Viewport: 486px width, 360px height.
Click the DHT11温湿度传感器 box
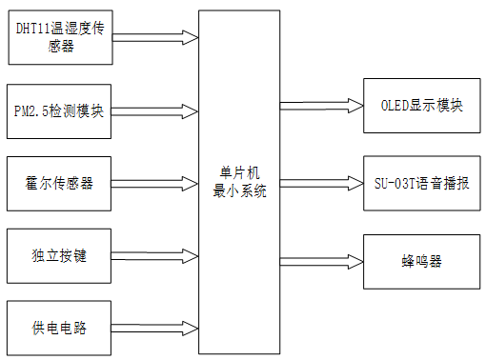(x=59, y=36)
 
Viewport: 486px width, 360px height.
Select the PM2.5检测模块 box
(x=59, y=111)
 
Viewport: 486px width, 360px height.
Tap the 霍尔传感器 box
(x=59, y=183)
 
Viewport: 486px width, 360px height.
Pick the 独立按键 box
(x=59, y=255)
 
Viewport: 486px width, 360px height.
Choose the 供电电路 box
(x=59, y=328)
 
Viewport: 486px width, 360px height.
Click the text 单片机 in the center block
(x=239, y=173)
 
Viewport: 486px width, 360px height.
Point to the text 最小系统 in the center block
(x=239, y=190)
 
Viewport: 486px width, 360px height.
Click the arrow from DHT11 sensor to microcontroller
(x=154, y=37)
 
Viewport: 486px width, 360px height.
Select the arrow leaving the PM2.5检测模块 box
(x=154, y=111)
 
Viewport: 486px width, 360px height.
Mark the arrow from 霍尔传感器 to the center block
(x=154, y=184)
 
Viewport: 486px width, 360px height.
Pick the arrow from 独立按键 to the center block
(x=154, y=256)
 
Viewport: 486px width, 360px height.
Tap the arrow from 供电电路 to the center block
(x=154, y=329)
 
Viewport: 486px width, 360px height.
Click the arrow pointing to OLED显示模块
(x=321, y=106)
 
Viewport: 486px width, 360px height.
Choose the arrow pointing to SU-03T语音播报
(x=321, y=182)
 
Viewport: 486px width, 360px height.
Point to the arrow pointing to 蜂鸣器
(x=321, y=260)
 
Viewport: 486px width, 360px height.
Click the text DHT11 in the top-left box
(x=34, y=28)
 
